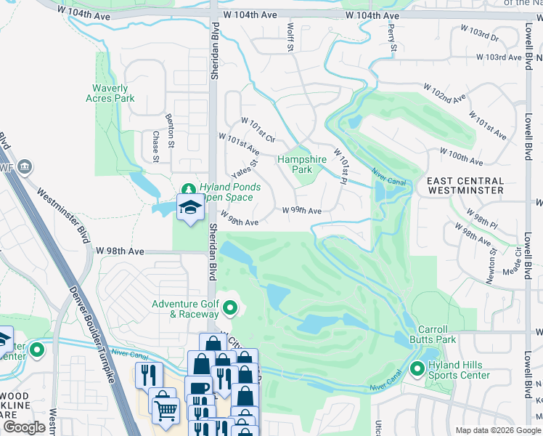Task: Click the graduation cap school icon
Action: pyautogui.click(x=189, y=208)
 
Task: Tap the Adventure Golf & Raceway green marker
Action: pyautogui.click(x=231, y=309)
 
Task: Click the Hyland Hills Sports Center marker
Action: pyautogui.click(x=417, y=370)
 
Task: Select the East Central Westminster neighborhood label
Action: pyautogui.click(x=465, y=185)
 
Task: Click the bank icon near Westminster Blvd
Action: pyautogui.click(x=25, y=167)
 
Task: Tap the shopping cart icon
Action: pyautogui.click(x=166, y=411)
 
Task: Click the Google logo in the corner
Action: pyautogui.click(x=25, y=427)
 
